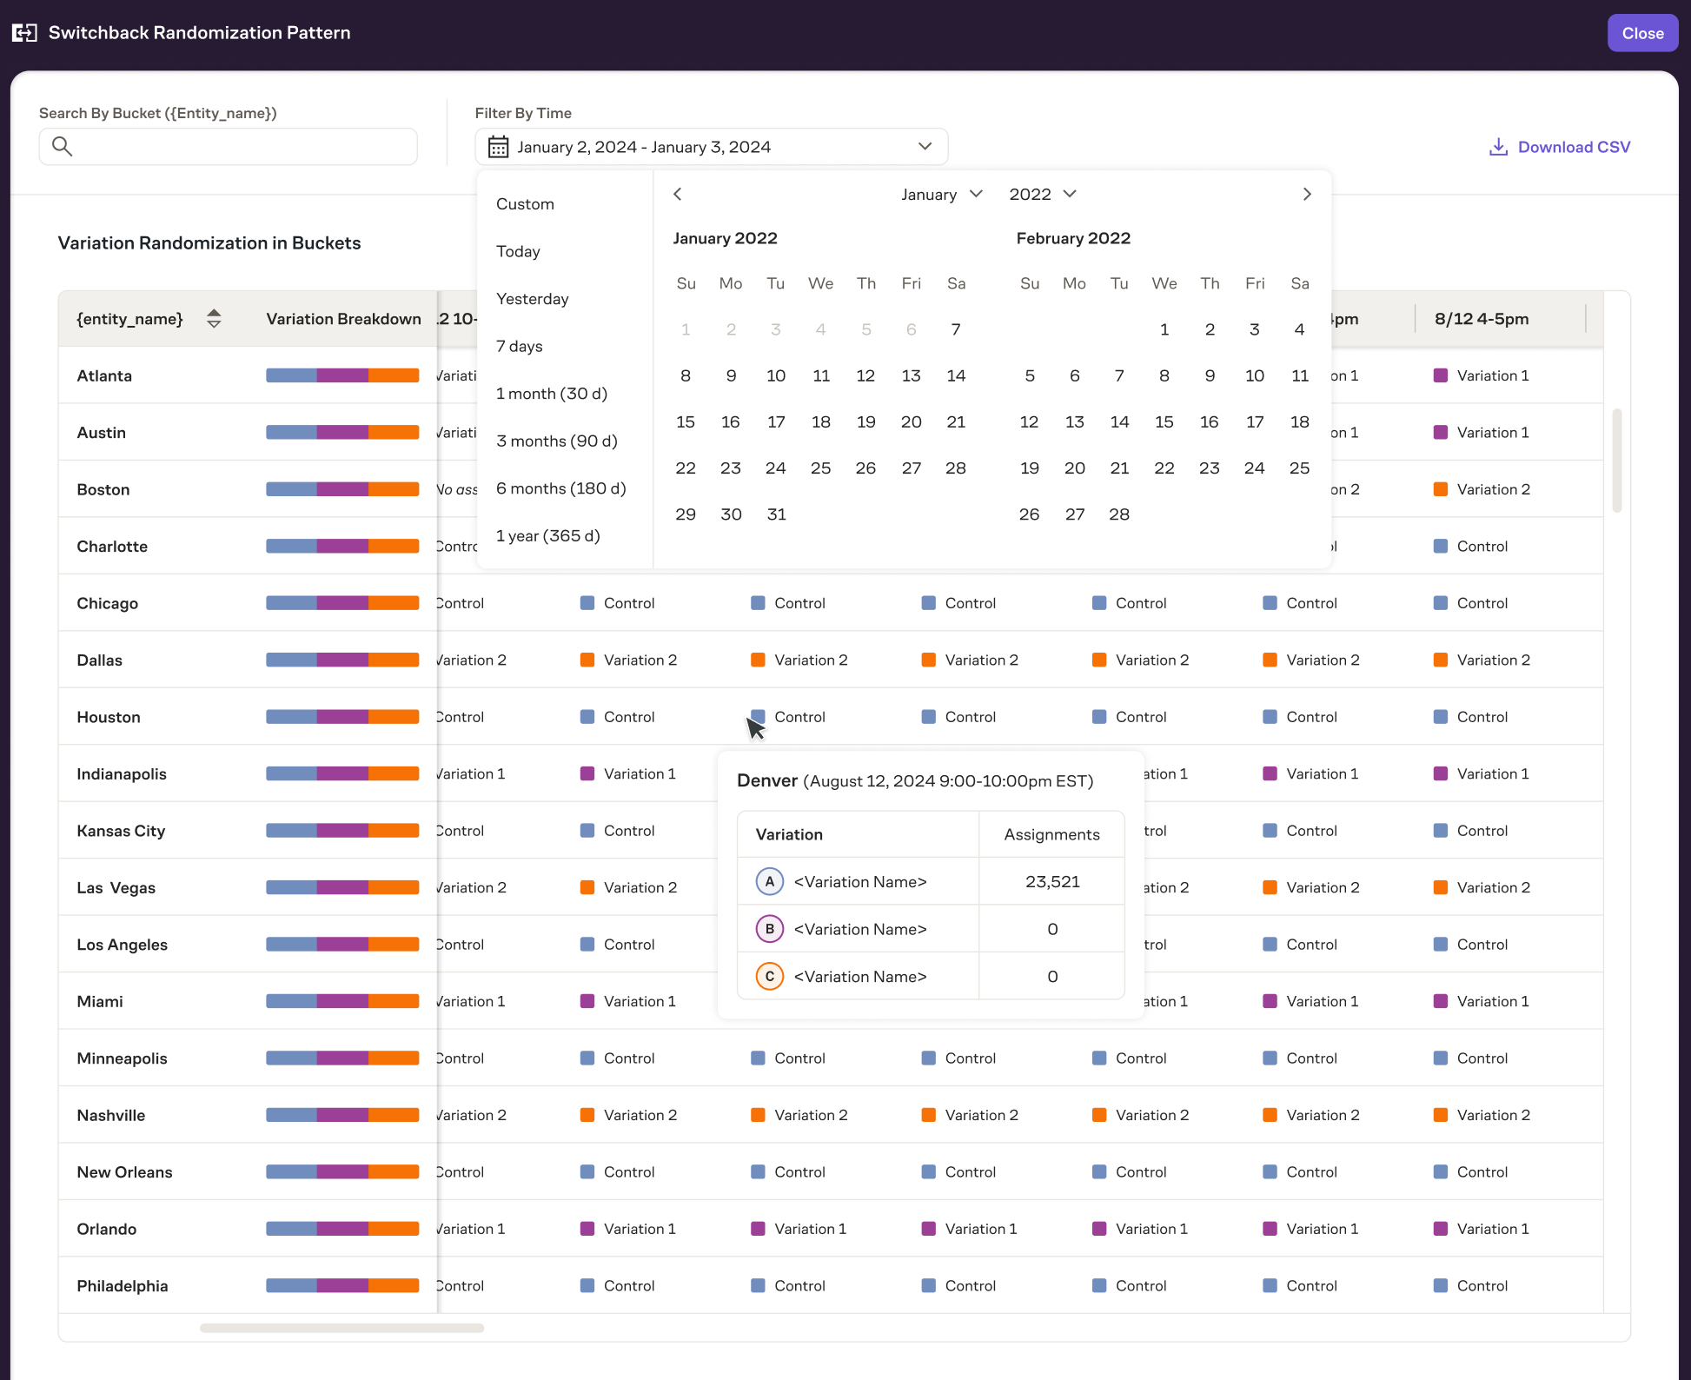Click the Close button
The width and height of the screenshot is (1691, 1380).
(x=1641, y=33)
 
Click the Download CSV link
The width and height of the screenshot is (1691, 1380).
(x=1560, y=147)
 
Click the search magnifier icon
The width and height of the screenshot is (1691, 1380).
(x=62, y=146)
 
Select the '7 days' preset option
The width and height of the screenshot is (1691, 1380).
(x=520, y=346)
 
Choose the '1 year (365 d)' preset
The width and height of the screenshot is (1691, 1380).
(x=547, y=535)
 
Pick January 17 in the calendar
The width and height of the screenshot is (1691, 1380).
(x=775, y=421)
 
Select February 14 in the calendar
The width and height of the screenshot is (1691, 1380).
(x=1119, y=421)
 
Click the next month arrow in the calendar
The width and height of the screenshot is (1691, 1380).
(x=1306, y=194)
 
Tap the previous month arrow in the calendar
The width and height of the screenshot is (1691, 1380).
(x=678, y=194)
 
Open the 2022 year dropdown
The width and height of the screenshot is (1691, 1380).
(x=1042, y=194)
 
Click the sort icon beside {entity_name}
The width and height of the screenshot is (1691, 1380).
(x=214, y=319)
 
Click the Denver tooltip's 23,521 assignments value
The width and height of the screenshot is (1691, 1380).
(x=1051, y=881)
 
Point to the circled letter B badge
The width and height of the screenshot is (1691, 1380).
(x=769, y=929)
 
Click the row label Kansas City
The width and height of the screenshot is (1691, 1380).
(x=121, y=831)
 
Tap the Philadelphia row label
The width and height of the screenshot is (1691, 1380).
(x=123, y=1286)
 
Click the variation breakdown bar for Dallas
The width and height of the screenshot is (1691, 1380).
(x=342, y=660)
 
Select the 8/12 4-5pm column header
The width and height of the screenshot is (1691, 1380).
(x=1481, y=319)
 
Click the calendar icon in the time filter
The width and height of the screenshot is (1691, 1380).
(x=498, y=147)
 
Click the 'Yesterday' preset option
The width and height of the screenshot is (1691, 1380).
(x=532, y=299)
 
